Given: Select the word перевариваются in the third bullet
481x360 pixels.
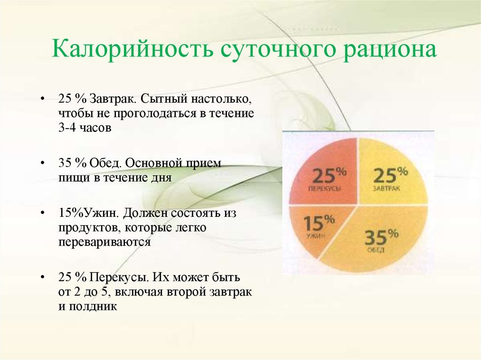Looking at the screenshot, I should pos(104,242).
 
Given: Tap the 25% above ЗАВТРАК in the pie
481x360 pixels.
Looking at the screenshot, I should pos(390,175).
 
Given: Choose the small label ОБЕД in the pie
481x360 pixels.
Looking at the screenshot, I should pos(376,250).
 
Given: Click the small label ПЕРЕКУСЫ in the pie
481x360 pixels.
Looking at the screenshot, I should pos(324,188).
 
